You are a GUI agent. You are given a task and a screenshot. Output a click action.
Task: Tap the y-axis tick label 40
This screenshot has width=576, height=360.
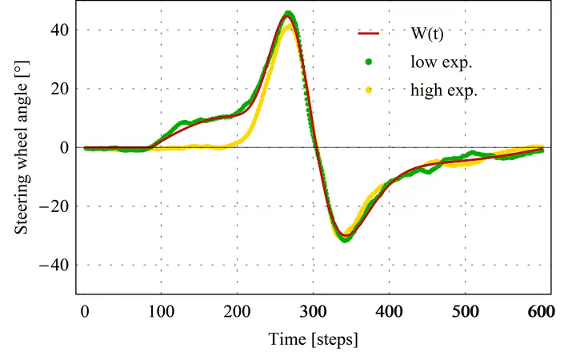click(x=61, y=30)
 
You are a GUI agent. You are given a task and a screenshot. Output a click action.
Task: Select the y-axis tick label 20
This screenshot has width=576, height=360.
click(x=61, y=89)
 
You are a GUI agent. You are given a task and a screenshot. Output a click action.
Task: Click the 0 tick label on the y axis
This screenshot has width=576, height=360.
click(x=66, y=147)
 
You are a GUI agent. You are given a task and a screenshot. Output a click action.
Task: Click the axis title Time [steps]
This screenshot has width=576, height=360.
click(x=313, y=339)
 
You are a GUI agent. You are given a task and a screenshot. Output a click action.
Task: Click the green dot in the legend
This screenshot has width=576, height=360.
click(x=368, y=62)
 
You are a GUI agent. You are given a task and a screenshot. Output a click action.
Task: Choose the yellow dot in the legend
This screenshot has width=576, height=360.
click(x=368, y=90)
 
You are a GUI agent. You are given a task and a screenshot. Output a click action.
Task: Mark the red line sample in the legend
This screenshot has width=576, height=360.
click(x=368, y=34)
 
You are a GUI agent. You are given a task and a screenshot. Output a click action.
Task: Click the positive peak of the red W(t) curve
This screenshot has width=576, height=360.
click(x=289, y=16)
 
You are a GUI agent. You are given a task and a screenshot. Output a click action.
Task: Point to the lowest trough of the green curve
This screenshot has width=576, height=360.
click(x=344, y=239)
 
